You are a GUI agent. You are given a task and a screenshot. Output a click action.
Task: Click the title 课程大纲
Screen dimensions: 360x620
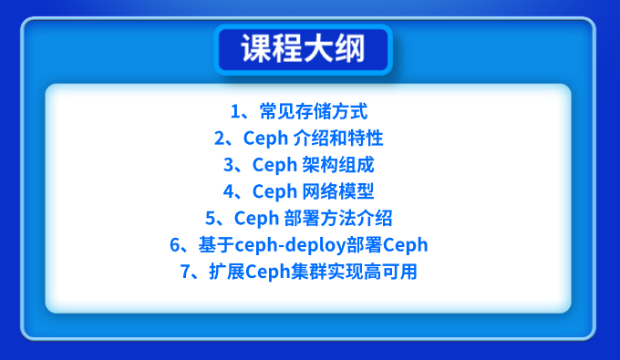point(303,49)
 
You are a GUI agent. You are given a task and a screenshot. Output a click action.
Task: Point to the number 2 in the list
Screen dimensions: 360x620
point(219,139)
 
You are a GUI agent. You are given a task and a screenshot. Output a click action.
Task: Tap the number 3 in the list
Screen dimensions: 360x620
point(228,166)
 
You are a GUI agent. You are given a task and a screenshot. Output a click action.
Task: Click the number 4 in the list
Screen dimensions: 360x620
point(228,192)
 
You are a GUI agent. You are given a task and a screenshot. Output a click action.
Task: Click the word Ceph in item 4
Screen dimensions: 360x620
point(274,192)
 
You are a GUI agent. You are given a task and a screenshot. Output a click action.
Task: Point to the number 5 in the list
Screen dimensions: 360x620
point(211,219)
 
